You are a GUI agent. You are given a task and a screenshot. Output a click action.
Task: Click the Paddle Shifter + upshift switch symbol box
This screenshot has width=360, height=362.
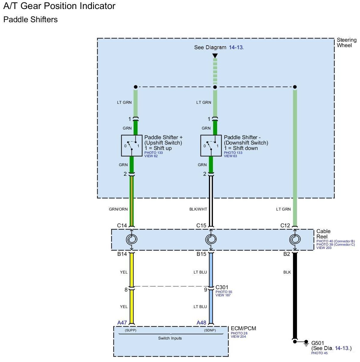(x=132, y=145)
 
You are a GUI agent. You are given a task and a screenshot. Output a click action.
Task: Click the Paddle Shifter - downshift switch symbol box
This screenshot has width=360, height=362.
(x=211, y=145)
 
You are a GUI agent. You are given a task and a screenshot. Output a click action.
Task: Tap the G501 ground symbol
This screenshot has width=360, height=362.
(x=306, y=342)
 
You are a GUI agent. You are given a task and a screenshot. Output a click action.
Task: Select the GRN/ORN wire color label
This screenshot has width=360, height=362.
(x=118, y=209)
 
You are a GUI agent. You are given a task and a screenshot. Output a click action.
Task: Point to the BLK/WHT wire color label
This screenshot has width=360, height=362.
(x=198, y=209)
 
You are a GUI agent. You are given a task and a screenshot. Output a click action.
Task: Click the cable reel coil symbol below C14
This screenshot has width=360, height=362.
(x=132, y=239)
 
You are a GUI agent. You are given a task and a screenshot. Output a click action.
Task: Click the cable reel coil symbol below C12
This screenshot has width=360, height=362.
(x=295, y=239)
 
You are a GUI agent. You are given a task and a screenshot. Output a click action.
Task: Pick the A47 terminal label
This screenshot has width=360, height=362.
(x=122, y=323)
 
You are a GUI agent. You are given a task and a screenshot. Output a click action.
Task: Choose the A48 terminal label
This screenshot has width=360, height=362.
(x=201, y=323)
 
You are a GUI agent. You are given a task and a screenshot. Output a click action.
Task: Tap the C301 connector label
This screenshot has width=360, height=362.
(x=222, y=287)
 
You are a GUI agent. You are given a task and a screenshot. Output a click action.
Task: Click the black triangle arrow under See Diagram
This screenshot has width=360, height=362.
(x=215, y=56)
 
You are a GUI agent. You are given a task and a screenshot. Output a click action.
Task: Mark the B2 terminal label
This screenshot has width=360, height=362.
(x=286, y=254)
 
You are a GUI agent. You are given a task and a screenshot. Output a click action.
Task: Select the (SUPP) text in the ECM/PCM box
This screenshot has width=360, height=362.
(x=131, y=331)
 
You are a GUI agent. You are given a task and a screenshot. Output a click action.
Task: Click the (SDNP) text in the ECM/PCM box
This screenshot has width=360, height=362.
(x=210, y=331)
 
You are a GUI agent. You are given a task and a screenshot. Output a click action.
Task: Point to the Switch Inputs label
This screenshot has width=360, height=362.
(x=170, y=338)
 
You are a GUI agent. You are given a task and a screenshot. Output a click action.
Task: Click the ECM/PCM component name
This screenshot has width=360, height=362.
(x=243, y=328)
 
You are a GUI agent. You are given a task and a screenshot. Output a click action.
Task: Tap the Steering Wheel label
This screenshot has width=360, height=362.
(x=346, y=43)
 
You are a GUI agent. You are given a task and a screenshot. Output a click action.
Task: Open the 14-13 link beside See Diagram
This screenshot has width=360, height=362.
(x=236, y=47)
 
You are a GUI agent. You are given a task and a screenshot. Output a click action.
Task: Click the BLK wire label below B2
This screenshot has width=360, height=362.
(x=287, y=272)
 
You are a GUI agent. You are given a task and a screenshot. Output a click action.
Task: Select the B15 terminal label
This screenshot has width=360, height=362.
(x=201, y=254)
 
